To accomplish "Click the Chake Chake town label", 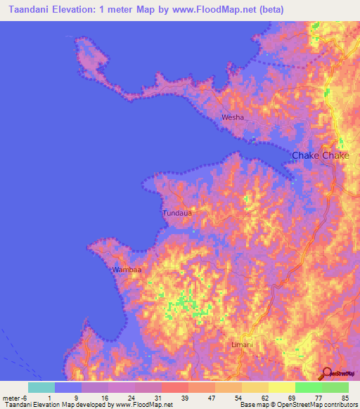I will [x=320, y=155].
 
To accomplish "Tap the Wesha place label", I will [x=233, y=117].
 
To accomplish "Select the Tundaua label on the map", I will [x=176, y=213].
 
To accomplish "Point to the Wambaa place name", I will [x=127, y=270].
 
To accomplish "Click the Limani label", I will [x=242, y=345].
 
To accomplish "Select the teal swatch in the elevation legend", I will [x=41, y=387].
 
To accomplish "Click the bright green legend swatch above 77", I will [x=309, y=387].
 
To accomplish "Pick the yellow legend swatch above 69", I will [x=282, y=387].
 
